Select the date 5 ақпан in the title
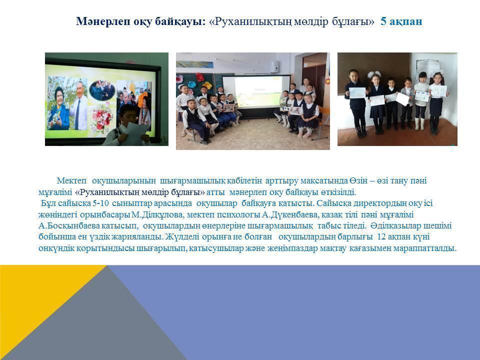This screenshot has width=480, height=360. coord(401,21)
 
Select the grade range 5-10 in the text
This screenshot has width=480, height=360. coord(100,203)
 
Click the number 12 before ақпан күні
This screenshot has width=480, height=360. coord(381,237)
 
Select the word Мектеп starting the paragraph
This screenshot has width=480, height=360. coord(71,181)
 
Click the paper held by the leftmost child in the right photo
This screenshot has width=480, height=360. coord(357,93)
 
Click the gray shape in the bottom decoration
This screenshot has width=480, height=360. coord(101,321)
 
